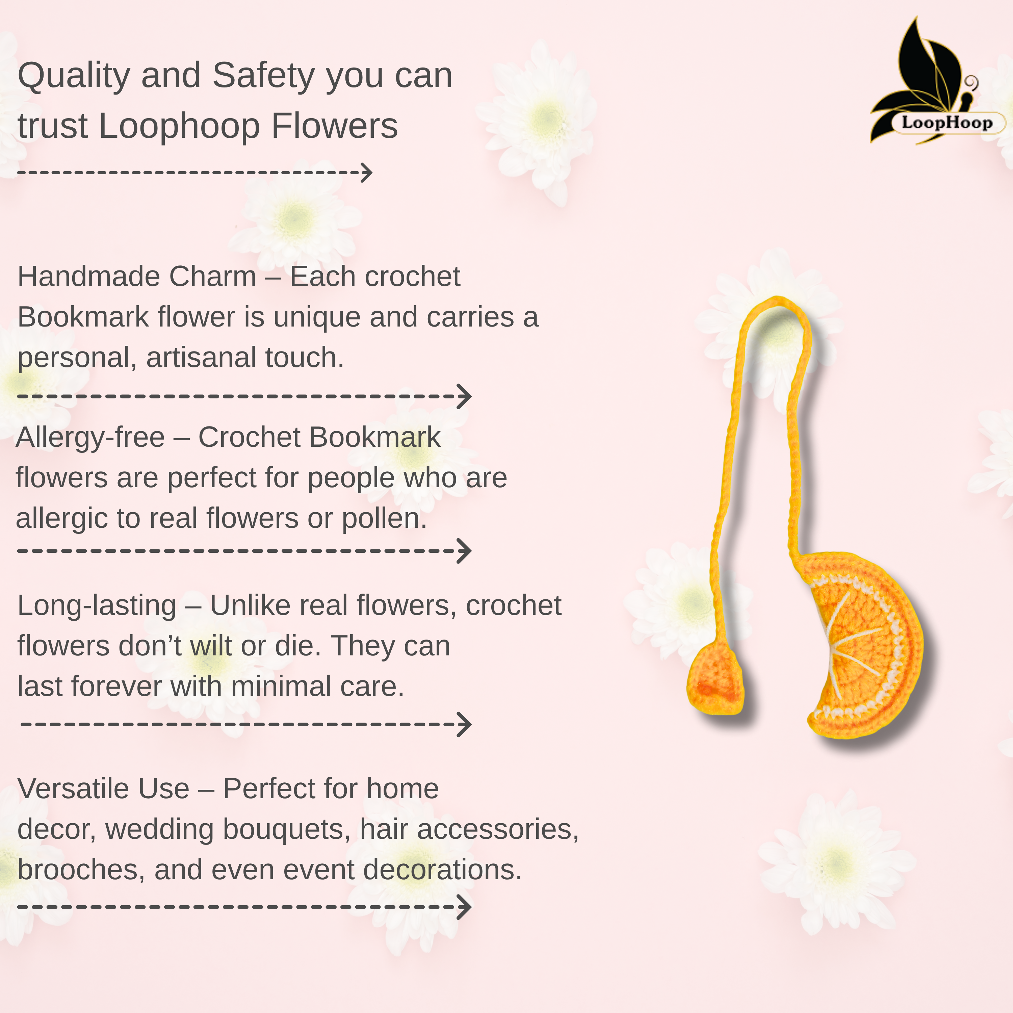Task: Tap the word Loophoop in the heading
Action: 179,126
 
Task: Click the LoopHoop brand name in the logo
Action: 947,123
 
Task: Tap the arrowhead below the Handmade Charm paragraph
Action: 465,396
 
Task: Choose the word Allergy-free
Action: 90,438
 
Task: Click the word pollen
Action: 384,519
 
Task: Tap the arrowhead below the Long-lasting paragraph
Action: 465,725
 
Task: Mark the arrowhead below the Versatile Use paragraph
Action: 465,907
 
